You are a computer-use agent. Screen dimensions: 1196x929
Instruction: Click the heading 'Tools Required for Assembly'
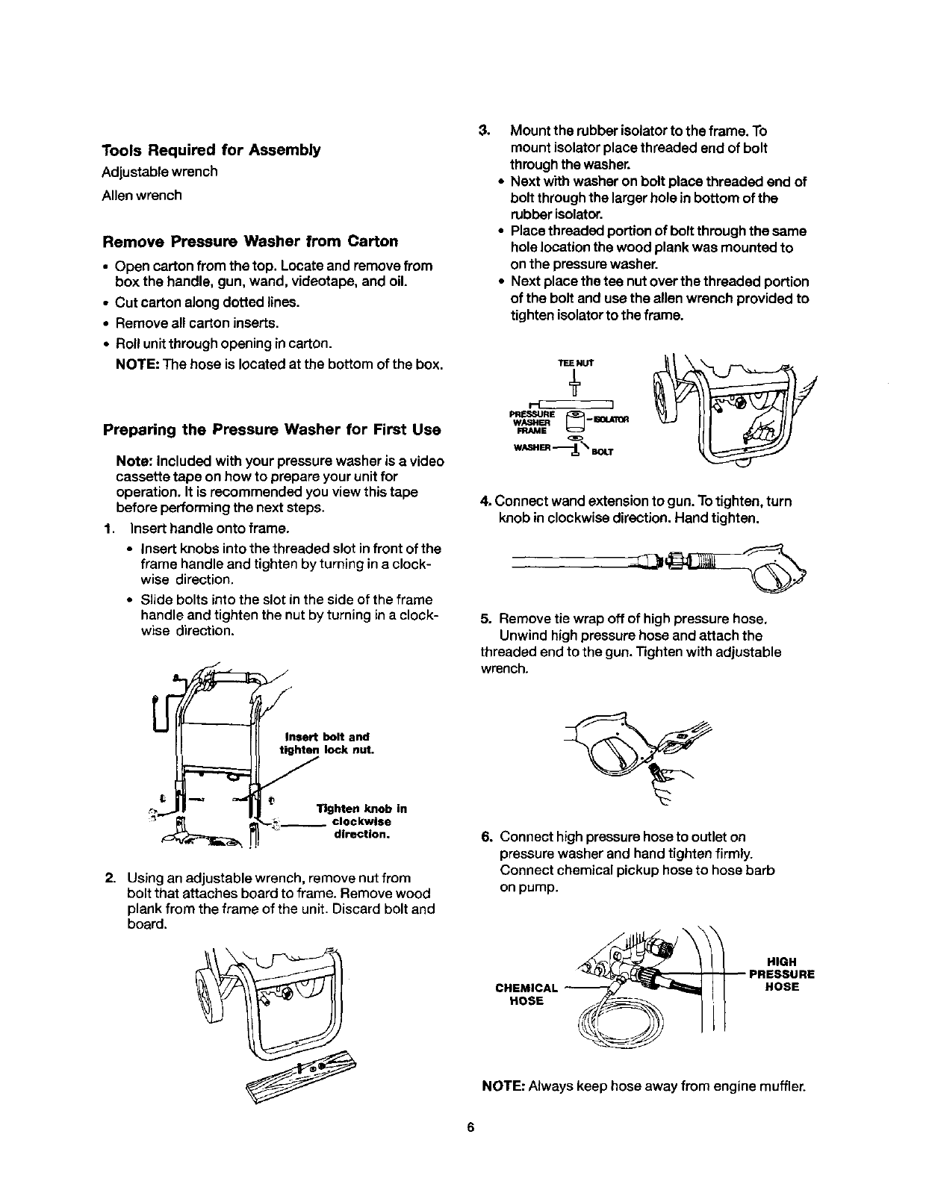[211, 150]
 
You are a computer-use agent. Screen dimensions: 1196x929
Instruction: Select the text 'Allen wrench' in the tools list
[142, 196]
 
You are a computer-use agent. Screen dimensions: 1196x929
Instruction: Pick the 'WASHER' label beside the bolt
[534, 448]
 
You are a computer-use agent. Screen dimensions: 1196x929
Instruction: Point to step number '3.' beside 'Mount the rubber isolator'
[483, 132]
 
